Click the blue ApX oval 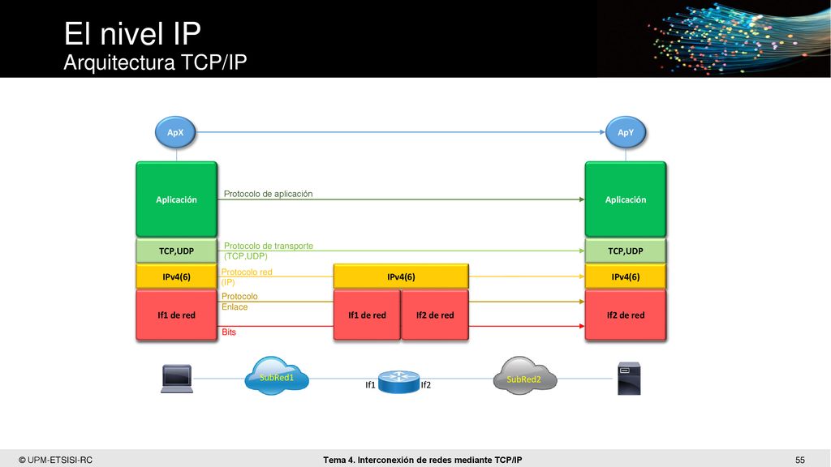(175, 132)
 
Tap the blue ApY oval (626, 132)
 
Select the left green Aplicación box (176, 199)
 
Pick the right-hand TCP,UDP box (626, 251)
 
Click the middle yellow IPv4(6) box (401, 276)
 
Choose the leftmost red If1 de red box (176, 315)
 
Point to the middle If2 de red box (435, 315)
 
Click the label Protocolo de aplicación (268, 194)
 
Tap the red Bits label (229, 332)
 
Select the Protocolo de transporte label (268, 246)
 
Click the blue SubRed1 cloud (277, 376)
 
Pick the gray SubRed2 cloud (525, 376)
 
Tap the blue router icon (399, 382)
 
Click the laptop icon (177, 379)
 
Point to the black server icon (629, 379)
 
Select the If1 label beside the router (370, 385)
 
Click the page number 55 (799, 461)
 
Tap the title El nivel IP (132, 34)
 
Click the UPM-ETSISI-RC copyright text (56, 461)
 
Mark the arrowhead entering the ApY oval (603, 132)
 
